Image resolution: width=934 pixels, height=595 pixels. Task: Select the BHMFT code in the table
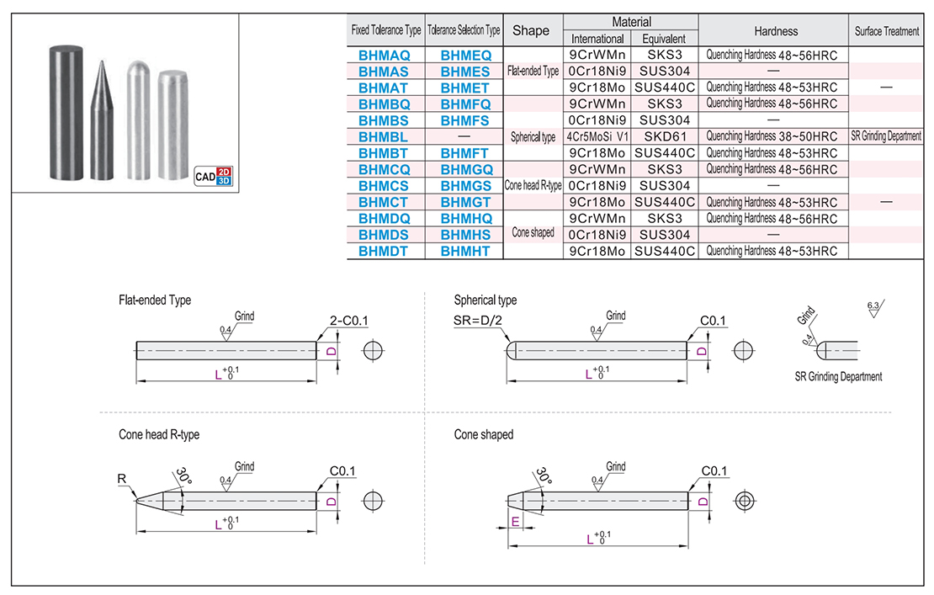pos(464,152)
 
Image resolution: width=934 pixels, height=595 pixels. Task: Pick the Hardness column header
pos(775,31)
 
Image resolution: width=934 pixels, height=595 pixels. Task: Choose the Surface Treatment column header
pos(886,31)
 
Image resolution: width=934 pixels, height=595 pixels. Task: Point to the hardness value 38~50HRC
pos(772,136)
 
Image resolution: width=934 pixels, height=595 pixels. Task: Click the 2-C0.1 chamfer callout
pos(349,319)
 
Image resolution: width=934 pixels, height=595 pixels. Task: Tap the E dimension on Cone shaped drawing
pos(514,523)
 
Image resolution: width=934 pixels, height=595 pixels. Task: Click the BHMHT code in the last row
pos(464,250)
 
